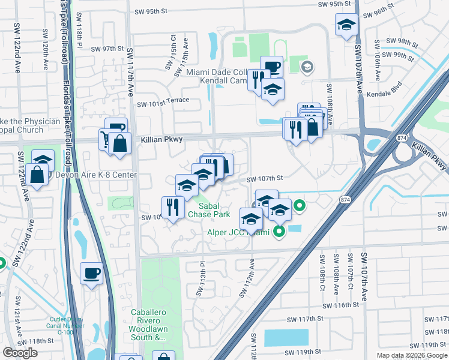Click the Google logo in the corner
(20, 353)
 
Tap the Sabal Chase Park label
(209, 209)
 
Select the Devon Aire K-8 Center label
(96, 175)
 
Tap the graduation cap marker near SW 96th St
(347, 25)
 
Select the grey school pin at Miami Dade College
(307, 67)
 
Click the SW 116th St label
(339, 305)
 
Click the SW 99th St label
(402, 56)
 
